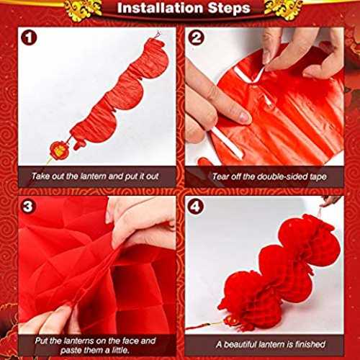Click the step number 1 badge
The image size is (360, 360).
pos(29,38)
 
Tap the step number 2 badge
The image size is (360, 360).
pos(197,38)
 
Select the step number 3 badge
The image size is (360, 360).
pos(28,207)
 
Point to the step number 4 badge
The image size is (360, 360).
pos(196,207)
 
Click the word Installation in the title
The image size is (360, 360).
pos(161,8)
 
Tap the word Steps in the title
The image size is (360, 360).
pos(229,9)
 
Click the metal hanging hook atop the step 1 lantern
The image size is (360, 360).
pos(157,35)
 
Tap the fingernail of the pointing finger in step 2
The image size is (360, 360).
pos(243,117)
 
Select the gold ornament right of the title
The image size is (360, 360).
pos(283,9)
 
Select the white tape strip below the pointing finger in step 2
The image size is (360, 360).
pos(227,143)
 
